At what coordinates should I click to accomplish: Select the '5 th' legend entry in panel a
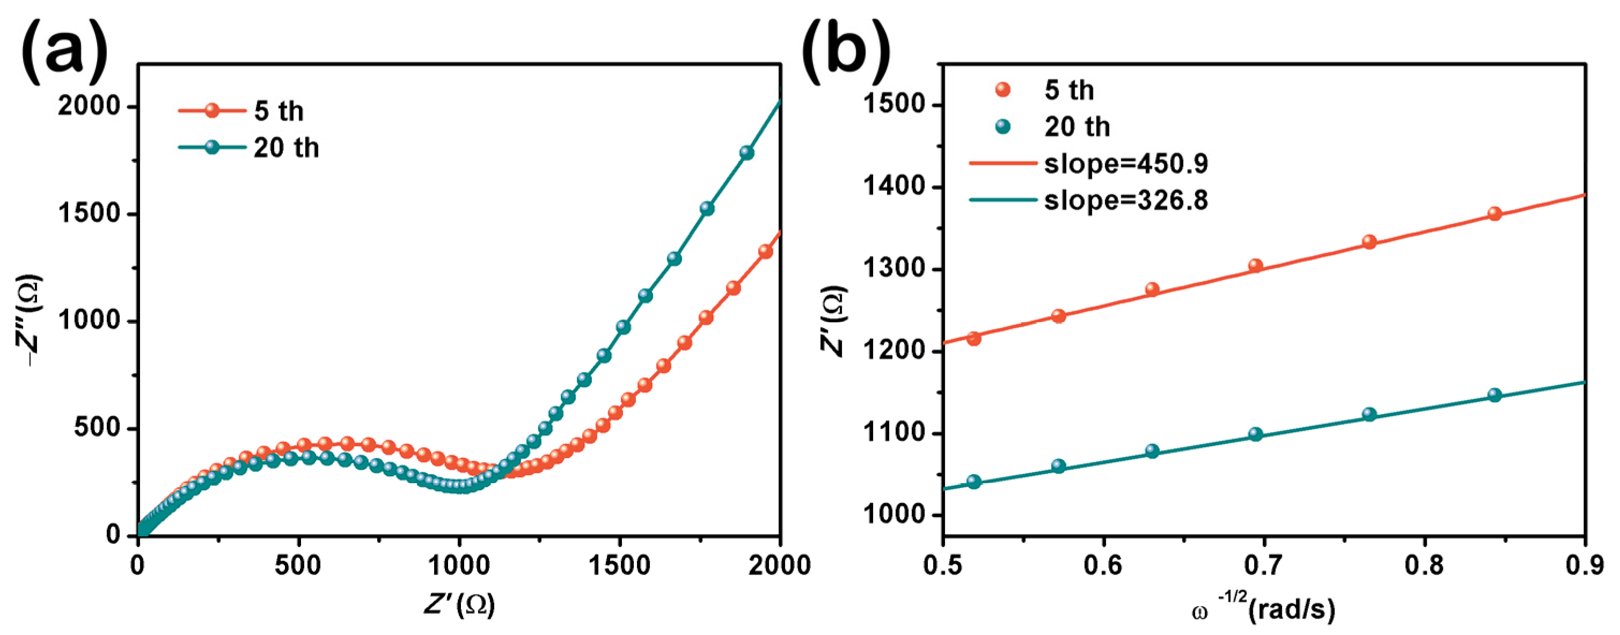click(x=278, y=111)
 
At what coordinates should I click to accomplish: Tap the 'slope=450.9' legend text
click(x=1126, y=164)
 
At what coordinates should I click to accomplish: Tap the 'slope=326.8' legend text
click(x=1126, y=201)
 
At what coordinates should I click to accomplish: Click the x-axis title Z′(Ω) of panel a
click(x=459, y=605)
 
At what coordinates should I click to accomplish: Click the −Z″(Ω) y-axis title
click(x=29, y=321)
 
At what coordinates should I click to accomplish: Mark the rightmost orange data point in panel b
click(x=1495, y=214)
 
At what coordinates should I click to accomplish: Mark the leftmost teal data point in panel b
click(x=973, y=482)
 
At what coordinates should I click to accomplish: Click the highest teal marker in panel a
click(x=746, y=153)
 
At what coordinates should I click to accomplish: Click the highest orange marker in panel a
click(x=765, y=252)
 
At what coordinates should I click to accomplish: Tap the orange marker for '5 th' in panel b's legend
click(x=1003, y=90)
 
